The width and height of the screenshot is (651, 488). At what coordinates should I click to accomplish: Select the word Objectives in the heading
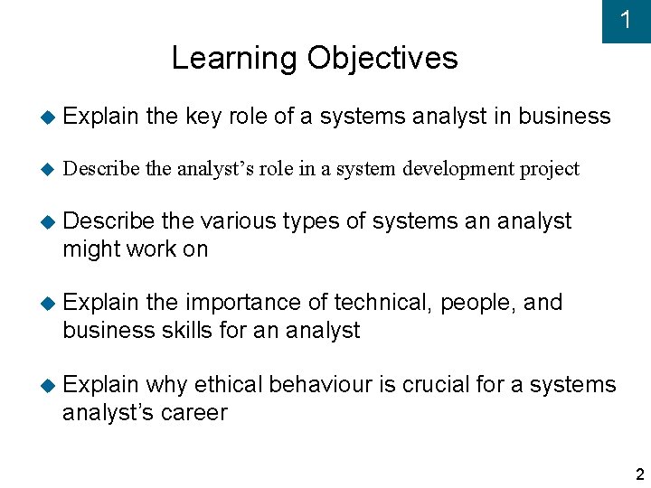coord(382,59)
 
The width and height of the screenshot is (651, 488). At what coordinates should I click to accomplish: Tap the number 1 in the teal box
coord(626,20)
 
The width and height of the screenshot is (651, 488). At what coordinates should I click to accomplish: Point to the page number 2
coord(639,474)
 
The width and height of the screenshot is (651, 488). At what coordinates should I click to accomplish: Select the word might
coord(90,249)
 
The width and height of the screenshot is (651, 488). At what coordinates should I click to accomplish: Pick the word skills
coord(185,330)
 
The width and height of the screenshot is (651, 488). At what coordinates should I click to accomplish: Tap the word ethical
coord(224,384)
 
